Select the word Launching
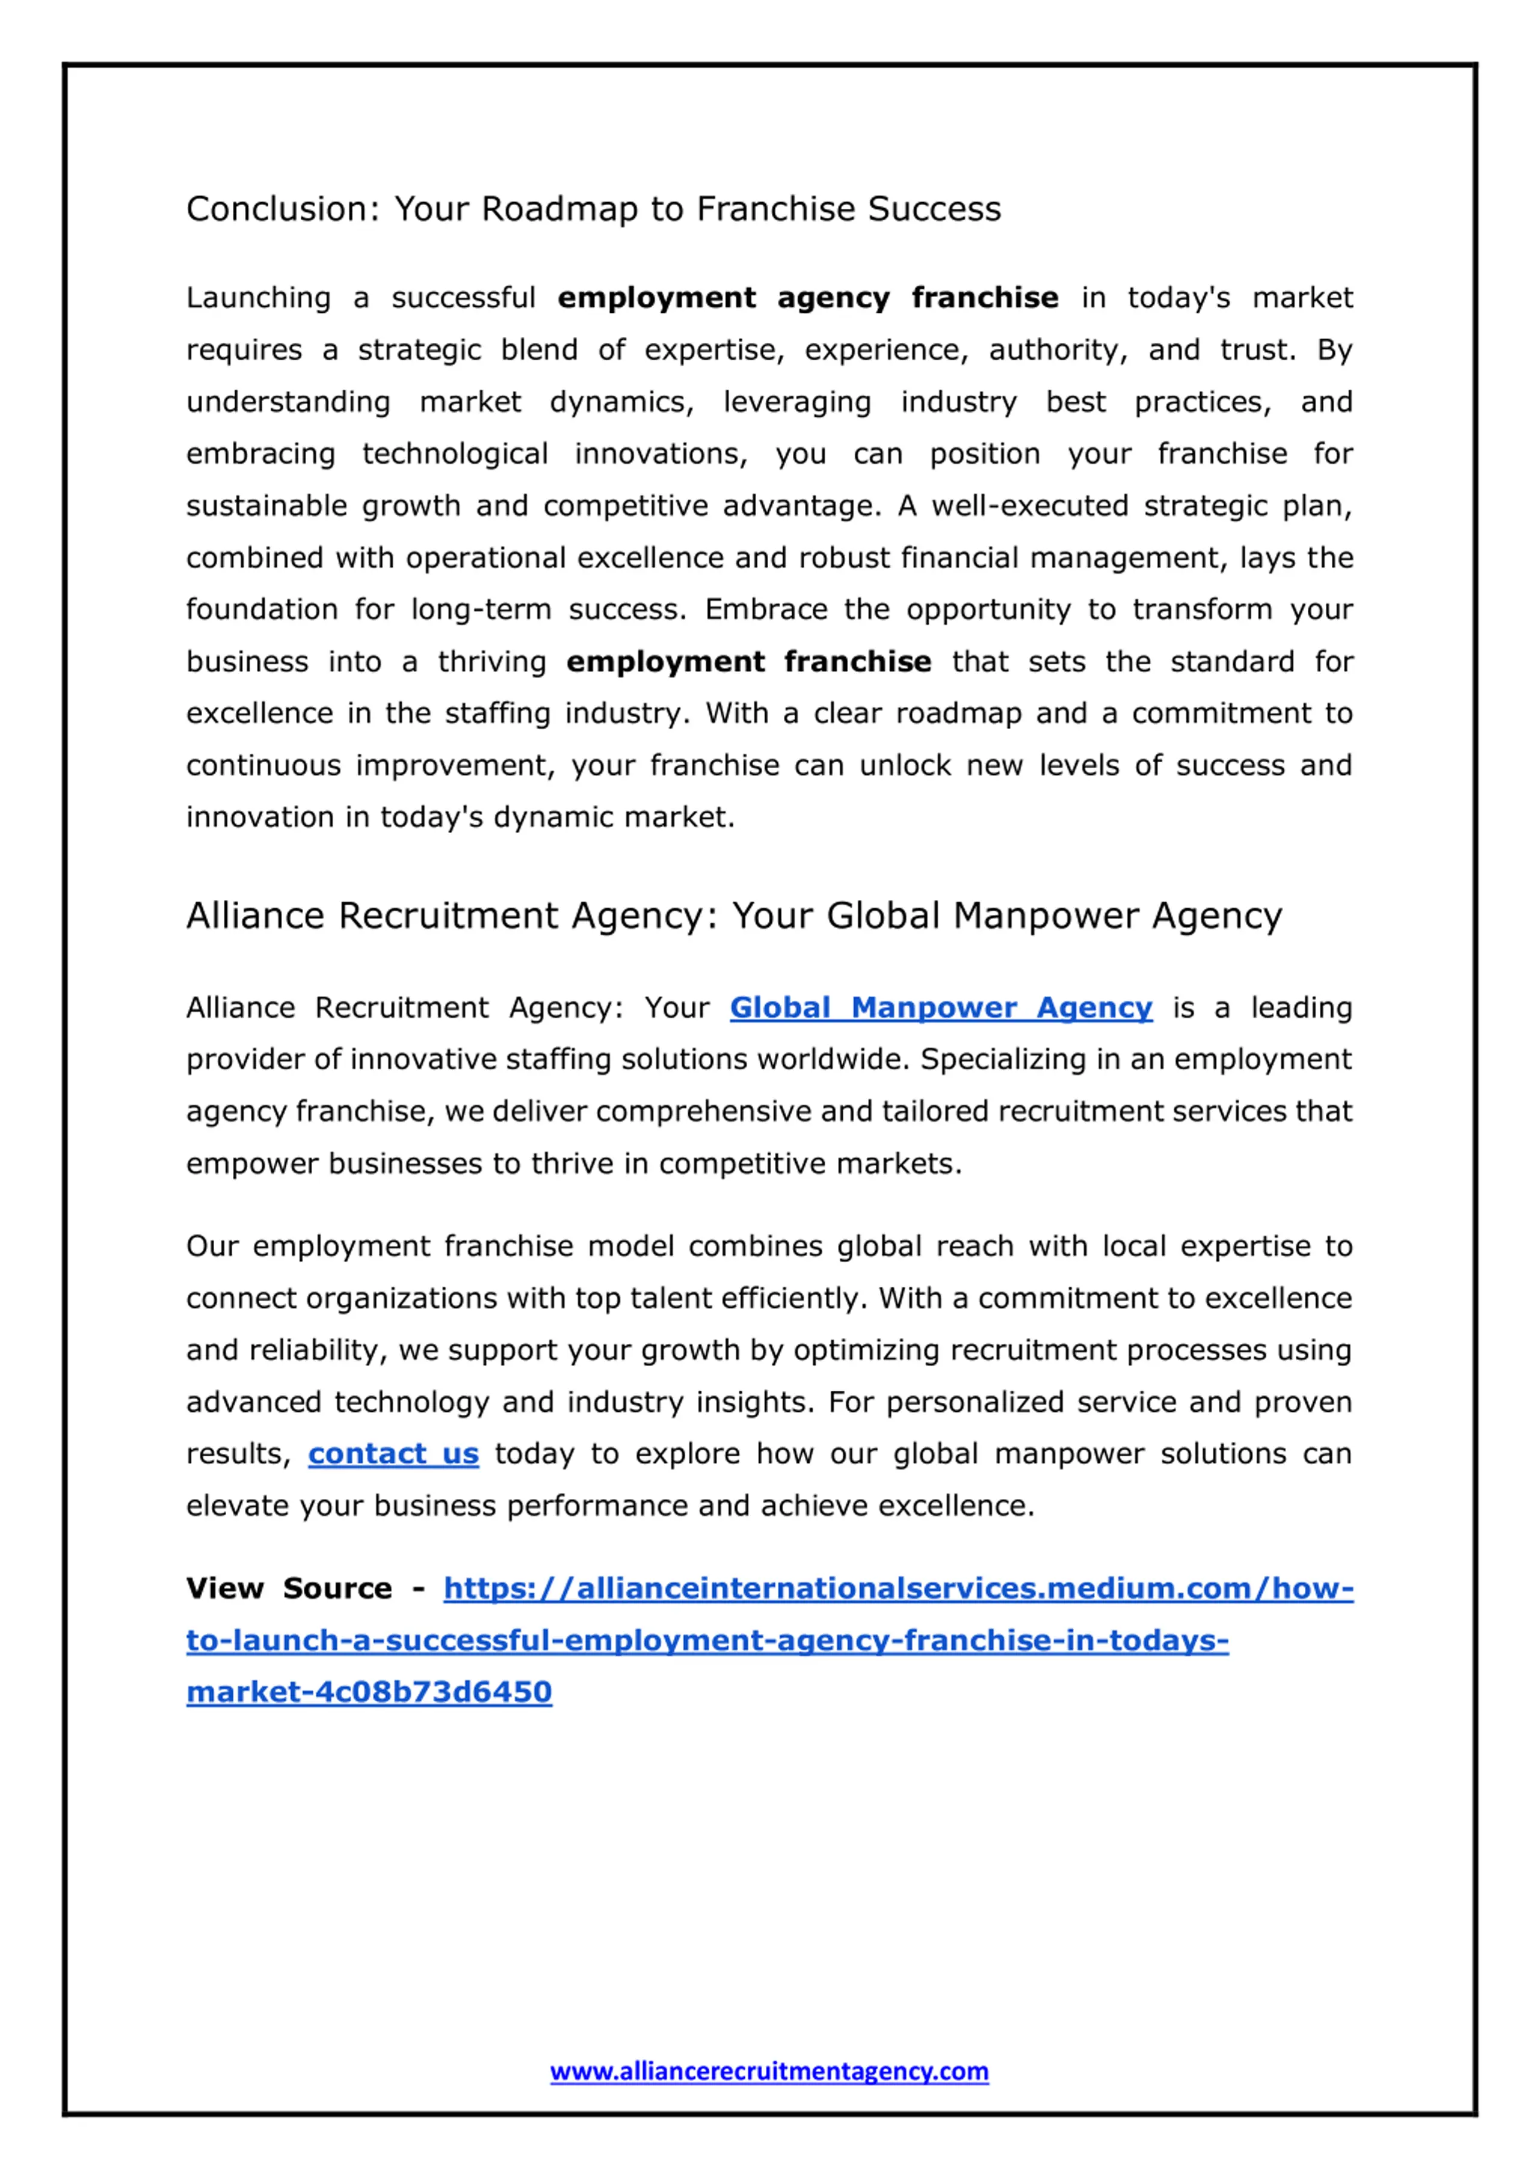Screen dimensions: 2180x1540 pyautogui.click(x=258, y=298)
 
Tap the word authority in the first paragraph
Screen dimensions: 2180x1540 pyautogui.click(x=1057, y=350)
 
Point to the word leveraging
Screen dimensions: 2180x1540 pyautogui.click(x=796, y=402)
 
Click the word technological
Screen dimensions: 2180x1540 pyautogui.click(x=455, y=454)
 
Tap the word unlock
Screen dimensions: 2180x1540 pyautogui.click(x=905, y=765)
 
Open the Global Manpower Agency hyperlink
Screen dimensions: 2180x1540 pyautogui.click(x=940, y=1008)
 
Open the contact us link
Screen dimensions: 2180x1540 pyautogui.click(x=393, y=1454)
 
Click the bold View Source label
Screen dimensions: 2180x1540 pyautogui.click(x=289, y=1589)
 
